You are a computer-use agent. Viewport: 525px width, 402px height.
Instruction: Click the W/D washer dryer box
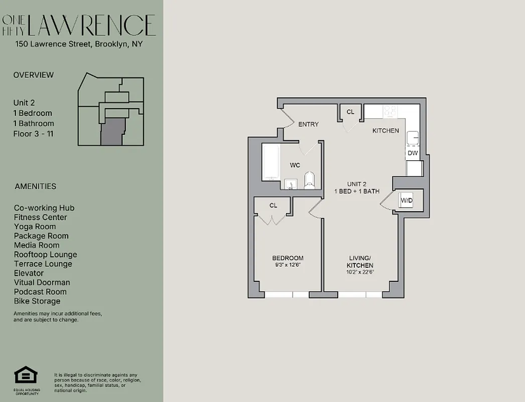(x=406, y=201)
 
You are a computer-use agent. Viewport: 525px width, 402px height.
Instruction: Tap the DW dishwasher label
(x=413, y=153)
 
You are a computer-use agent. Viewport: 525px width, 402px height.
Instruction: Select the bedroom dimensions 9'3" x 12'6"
(x=288, y=265)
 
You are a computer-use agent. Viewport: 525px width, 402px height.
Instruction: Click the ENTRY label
(x=308, y=124)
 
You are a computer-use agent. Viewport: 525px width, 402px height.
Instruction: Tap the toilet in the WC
(x=309, y=180)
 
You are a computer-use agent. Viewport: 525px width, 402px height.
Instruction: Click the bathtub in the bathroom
(x=270, y=162)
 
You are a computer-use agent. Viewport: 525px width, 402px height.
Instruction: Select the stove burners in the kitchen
(x=390, y=111)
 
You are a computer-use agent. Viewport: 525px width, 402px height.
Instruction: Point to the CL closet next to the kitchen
(x=350, y=112)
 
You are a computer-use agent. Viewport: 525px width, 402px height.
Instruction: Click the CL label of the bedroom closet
(x=273, y=205)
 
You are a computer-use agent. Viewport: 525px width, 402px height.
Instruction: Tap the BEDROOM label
(x=288, y=258)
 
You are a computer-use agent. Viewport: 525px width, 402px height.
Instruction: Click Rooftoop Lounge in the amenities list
(x=45, y=255)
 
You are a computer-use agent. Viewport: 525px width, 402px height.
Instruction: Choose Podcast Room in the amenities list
(x=40, y=292)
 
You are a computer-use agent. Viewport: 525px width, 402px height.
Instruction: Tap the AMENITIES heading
(x=35, y=186)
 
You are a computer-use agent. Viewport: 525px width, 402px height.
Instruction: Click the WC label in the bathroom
(x=295, y=165)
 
